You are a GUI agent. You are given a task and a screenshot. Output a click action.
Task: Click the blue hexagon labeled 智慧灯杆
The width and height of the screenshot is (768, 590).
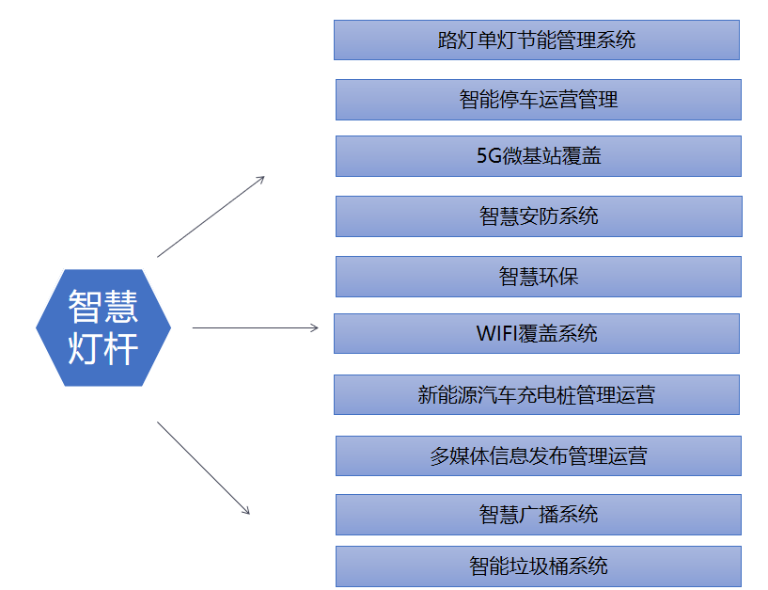pyautogui.click(x=103, y=327)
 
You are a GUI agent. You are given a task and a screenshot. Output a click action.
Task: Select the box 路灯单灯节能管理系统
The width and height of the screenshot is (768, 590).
pyautogui.click(x=537, y=40)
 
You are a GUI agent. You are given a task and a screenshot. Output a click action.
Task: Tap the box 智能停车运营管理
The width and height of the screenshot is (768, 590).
pyautogui.click(x=539, y=100)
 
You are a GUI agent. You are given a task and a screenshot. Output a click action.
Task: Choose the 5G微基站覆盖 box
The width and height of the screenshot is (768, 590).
pyautogui.click(x=539, y=156)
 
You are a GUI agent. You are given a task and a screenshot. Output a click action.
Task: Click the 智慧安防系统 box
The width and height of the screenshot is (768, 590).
pyautogui.click(x=539, y=216)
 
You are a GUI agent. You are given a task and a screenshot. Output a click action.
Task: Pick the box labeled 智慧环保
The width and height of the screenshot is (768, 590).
pyautogui.click(x=539, y=277)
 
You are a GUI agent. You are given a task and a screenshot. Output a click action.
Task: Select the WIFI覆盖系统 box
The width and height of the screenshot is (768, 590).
pyautogui.click(x=537, y=333)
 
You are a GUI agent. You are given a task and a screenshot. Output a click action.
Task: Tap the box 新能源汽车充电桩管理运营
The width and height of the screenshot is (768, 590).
pyautogui.click(x=537, y=395)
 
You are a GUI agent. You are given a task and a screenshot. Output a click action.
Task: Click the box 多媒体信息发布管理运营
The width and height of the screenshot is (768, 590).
pyautogui.click(x=539, y=456)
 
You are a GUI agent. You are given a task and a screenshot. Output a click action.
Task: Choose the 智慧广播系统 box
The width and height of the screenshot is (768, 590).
pyautogui.click(x=539, y=515)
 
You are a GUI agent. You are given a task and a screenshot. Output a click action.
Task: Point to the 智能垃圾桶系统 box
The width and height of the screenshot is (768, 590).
pyautogui.click(x=539, y=566)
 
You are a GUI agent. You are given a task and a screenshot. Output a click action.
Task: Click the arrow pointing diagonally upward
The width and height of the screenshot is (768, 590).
pyautogui.click(x=212, y=216)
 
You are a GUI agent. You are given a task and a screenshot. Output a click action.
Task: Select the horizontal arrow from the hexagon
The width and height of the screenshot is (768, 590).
pyautogui.click(x=255, y=327)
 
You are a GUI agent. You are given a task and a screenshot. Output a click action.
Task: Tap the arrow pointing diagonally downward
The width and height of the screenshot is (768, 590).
pyautogui.click(x=203, y=468)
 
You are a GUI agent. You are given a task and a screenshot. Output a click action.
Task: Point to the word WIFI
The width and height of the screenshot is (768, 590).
pyautogui.click(x=496, y=333)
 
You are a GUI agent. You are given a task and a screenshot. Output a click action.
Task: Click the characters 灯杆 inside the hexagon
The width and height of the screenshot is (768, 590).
pyautogui.click(x=103, y=348)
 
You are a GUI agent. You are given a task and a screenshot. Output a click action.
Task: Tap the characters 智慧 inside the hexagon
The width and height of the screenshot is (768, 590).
pyautogui.click(x=103, y=307)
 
